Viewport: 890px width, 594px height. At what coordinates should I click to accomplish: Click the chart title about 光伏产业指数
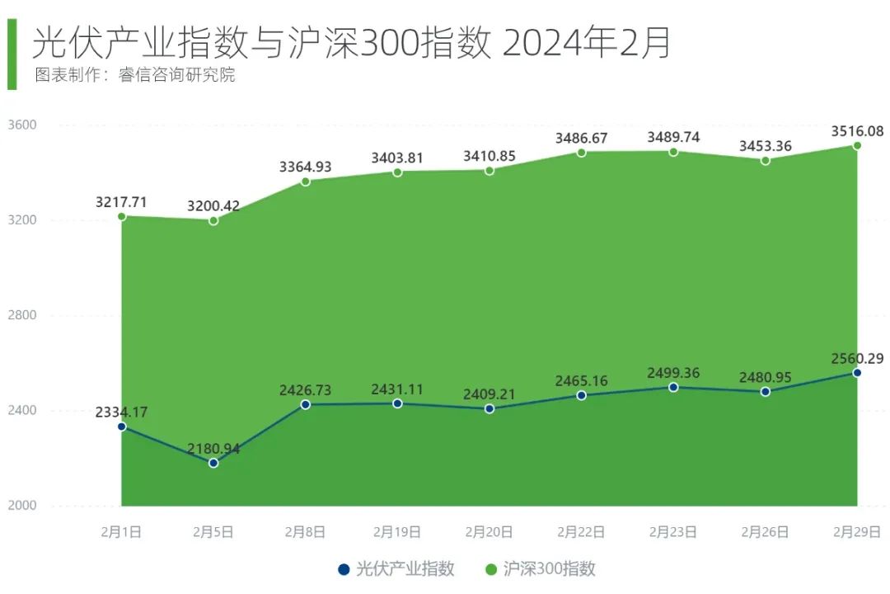351,42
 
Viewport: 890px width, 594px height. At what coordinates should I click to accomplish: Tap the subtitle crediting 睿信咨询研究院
135,75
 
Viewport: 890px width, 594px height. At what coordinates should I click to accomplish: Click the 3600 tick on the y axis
23,125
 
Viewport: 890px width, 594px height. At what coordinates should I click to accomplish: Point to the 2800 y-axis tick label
23,315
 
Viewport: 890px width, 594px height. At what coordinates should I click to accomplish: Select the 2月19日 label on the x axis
397,532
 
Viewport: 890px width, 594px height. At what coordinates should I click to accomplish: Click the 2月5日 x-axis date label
213,532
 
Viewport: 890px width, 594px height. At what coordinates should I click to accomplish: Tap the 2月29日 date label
857,532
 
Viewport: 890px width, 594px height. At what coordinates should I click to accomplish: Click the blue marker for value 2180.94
213,463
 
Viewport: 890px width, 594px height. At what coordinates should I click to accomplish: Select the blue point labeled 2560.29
857,373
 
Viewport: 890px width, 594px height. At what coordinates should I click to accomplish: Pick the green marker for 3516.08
857,145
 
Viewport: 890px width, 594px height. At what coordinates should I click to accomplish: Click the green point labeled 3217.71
121,216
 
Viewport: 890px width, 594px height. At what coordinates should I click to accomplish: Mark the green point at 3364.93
305,181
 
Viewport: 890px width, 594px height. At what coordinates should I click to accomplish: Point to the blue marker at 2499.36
673,387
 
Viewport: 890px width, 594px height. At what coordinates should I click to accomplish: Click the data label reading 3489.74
673,137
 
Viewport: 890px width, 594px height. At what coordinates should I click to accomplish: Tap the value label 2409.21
489,394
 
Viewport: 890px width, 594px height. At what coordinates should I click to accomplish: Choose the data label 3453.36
765,146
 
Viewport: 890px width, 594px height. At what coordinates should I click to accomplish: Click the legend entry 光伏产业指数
397,569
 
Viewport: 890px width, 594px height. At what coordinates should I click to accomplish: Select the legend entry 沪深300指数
541,569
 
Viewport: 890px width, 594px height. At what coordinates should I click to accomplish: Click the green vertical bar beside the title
12,54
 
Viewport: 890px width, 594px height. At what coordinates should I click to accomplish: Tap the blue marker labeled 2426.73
305,404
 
